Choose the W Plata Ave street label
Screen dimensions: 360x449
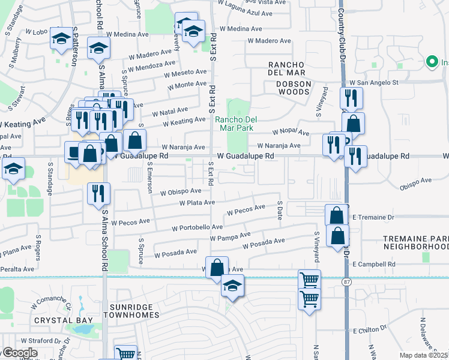tap(197, 203)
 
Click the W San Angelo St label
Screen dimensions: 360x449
tap(375, 82)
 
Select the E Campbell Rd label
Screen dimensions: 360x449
tap(374, 264)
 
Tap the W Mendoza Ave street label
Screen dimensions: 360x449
tap(154, 64)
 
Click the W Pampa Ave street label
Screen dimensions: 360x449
tap(230, 237)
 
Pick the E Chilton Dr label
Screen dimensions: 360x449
tap(370, 330)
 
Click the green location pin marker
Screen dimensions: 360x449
tap(431, 62)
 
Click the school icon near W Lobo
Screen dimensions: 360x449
tap(60, 39)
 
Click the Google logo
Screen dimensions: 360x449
tap(19, 353)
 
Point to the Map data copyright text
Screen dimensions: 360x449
tap(424, 355)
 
